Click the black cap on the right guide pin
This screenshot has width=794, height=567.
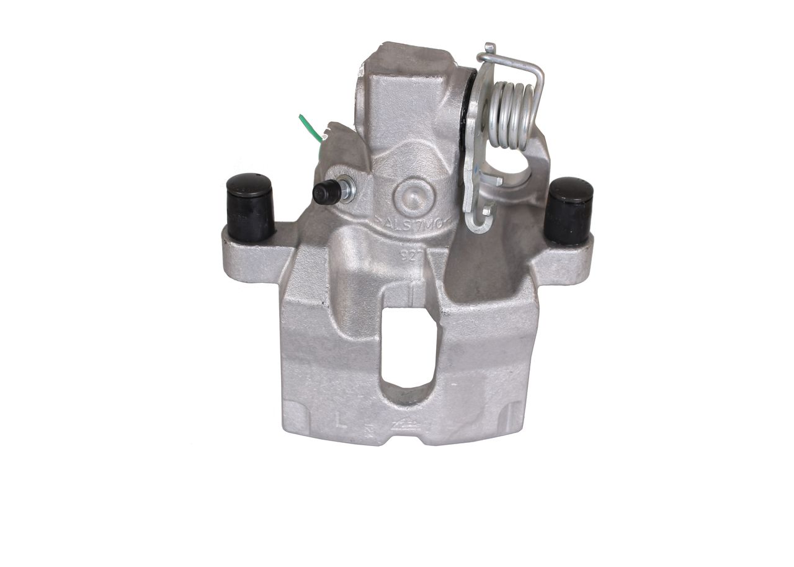(569, 210)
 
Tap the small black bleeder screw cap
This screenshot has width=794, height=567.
(326, 193)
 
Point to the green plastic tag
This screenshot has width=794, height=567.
(310, 127)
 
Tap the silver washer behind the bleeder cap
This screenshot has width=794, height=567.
(348, 189)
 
